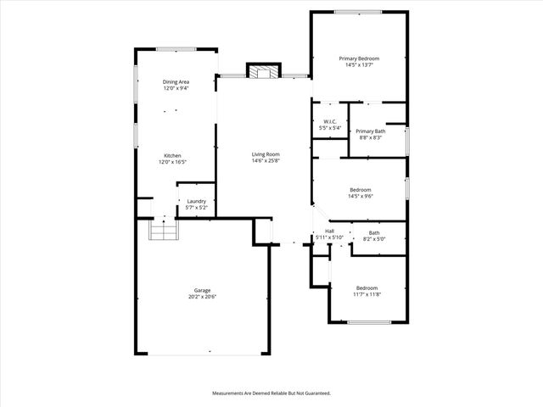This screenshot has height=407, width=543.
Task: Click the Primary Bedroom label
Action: point(359,59)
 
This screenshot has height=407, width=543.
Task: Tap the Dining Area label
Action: point(176,81)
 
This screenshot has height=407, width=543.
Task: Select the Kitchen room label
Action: point(172,156)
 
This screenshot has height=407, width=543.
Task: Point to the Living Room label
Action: point(266,154)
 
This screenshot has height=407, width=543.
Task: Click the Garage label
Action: point(202,290)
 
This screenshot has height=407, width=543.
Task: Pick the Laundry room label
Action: point(197,201)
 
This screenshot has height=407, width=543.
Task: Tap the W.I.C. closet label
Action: point(330,121)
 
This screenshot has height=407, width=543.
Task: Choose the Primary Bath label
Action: point(371,131)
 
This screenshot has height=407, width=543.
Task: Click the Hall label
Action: point(329,231)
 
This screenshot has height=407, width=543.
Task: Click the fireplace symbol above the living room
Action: point(262,70)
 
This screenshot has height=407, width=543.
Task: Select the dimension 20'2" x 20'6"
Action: point(202,297)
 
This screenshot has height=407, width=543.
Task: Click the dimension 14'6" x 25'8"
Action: point(266,161)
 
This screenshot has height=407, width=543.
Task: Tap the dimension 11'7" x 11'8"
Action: point(367,294)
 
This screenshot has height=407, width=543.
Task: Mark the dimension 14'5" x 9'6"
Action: point(361,196)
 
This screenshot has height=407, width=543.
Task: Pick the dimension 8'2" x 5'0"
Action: point(374,239)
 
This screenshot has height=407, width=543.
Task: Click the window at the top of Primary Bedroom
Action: point(357,12)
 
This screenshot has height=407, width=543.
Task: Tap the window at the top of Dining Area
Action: point(176,49)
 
